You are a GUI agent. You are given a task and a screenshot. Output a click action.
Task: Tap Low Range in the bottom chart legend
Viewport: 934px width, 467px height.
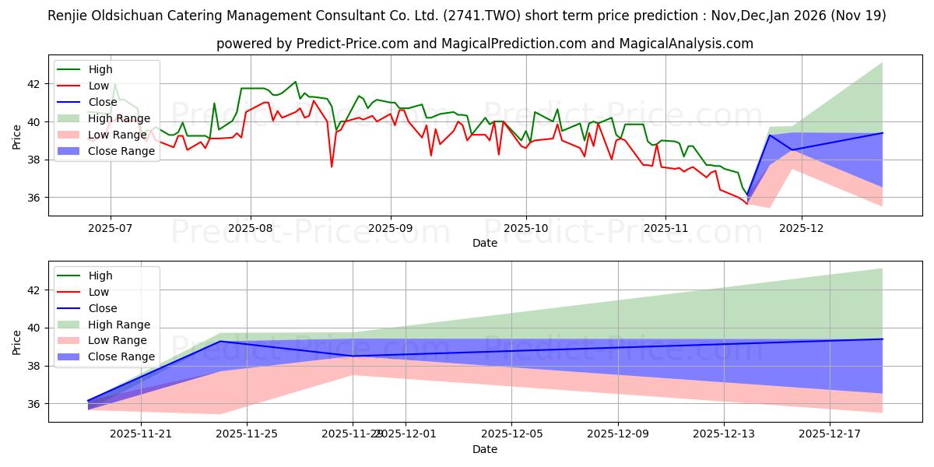pos(118,341)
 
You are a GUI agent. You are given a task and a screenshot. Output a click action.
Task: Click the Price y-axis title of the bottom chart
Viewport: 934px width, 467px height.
pos(16,341)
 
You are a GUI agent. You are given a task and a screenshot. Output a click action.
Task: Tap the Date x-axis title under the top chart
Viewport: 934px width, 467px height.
pos(485,243)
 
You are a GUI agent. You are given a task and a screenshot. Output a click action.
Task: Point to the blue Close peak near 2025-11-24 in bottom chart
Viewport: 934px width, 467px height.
pos(219,341)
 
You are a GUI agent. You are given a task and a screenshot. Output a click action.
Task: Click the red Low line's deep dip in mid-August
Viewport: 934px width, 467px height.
pos(332,167)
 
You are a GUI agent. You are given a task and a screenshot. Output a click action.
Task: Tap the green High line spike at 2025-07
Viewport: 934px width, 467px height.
pos(114,83)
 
